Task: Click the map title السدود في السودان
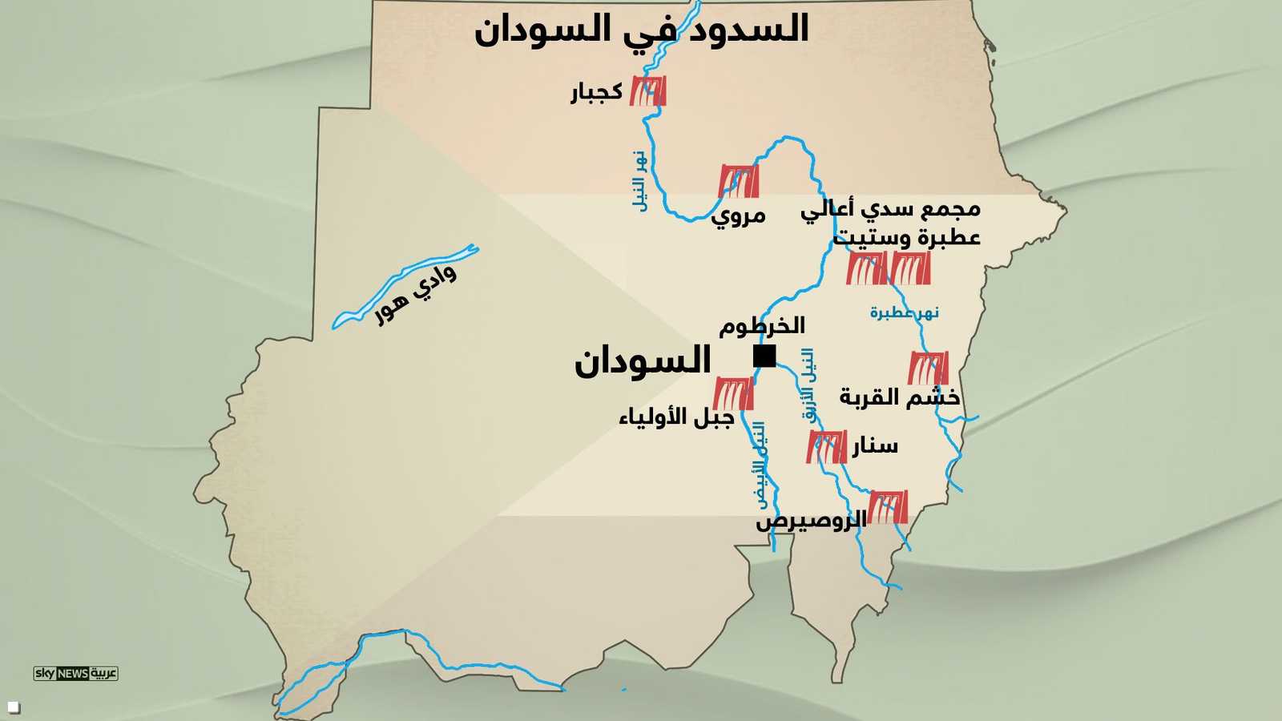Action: pyautogui.click(x=641, y=29)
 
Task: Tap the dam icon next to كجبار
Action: pyautogui.click(x=647, y=91)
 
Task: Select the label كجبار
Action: pyautogui.click(x=597, y=92)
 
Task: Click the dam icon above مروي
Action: pyautogui.click(x=738, y=181)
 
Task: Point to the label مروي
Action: pyautogui.click(x=738, y=215)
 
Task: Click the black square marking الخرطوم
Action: pyautogui.click(x=764, y=356)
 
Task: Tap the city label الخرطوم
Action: pyautogui.click(x=761, y=325)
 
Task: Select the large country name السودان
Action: pyautogui.click(x=643, y=361)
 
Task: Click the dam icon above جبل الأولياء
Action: pyautogui.click(x=733, y=393)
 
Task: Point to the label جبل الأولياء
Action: pyautogui.click(x=676, y=417)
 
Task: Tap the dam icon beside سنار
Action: pyautogui.click(x=826, y=446)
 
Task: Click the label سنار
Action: pyautogui.click(x=875, y=445)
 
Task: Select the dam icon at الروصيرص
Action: pyautogui.click(x=888, y=506)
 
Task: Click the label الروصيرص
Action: pyautogui.click(x=811, y=522)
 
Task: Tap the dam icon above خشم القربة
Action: pyautogui.click(x=928, y=368)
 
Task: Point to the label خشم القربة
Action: pyautogui.click(x=899, y=397)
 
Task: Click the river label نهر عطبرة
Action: pyautogui.click(x=904, y=312)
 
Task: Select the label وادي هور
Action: pyautogui.click(x=416, y=294)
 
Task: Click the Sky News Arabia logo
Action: pyautogui.click(x=76, y=673)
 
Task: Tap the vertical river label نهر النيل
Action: pyautogui.click(x=639, y=181)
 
